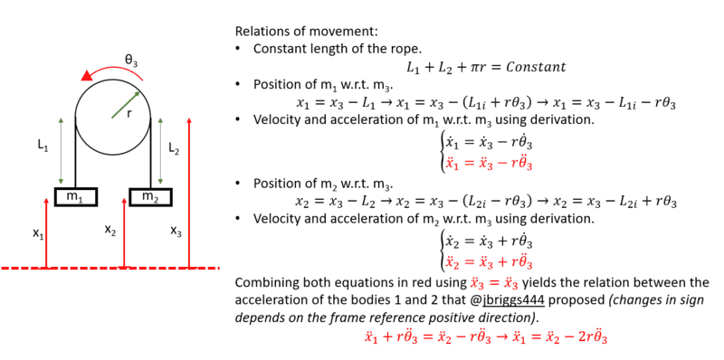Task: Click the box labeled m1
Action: [x=76, y=196]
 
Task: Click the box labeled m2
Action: [x=150, y=196]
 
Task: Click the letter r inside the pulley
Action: [x=129, y=113]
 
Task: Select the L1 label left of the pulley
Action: [x=43, y=146]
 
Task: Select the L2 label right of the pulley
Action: [x=174, y=148]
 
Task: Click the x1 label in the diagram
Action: [x=38, y=233]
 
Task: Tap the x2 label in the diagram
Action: [x=110, y=230]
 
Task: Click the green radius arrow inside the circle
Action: [x=126, y=105]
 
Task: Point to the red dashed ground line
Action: [x=110, y=268]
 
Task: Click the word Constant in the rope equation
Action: [x=536, y=67]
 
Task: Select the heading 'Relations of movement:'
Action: [x=307, y=32]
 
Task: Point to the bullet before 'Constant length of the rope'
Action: [x=238, y=49]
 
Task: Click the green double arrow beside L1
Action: [x=61, y=151]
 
